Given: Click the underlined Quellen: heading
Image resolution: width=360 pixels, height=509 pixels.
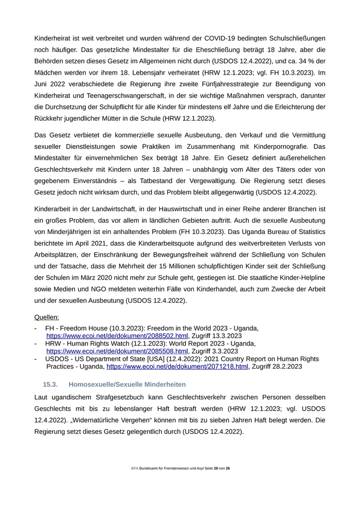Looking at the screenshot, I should coord(47,317).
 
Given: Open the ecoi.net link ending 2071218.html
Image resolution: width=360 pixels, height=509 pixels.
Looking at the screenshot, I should coord(177,367).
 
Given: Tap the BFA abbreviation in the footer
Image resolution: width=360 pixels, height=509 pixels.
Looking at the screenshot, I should coord(135,468).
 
